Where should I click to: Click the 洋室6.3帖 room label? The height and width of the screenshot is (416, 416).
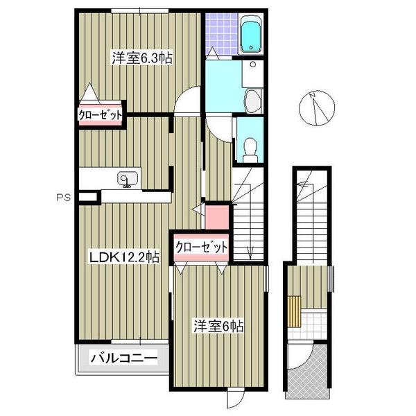[x=142, y=58]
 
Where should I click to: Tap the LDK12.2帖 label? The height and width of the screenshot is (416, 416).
[x=124, y=257]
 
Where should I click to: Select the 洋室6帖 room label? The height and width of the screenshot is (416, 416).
[x=218, y=326]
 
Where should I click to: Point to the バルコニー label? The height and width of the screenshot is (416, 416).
[x=124, y=358]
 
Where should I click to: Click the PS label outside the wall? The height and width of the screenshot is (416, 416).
[x=64, y=198]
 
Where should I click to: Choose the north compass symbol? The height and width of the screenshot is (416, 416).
[x=317, y=108]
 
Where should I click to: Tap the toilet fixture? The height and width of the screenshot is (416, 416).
[x=250, y=150]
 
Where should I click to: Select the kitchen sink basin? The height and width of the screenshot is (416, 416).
[x=128, y=179]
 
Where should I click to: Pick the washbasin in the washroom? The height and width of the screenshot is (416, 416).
[x=253, y=101]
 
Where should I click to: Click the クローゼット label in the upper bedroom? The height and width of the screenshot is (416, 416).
[x=101, y=115]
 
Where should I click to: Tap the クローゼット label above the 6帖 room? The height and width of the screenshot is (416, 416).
[x=202, y=248]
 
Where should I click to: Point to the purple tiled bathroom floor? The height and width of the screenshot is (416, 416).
[x=222, y=34]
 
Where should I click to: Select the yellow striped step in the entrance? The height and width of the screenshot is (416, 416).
[x=294, y=311]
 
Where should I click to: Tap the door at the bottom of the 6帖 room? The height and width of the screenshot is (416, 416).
[x=235, y=399]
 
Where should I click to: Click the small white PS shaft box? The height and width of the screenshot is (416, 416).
[x=88, y=197]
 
